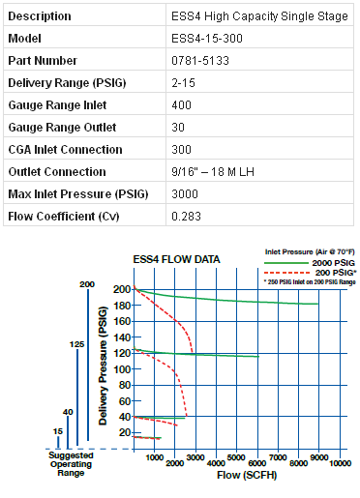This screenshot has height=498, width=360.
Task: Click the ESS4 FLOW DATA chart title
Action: pos(176,259)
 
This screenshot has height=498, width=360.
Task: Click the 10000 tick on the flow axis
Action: pos(339,463)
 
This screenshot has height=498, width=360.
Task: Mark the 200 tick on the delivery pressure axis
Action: pos(121,289)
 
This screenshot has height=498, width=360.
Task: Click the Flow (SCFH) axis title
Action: pos(236,477)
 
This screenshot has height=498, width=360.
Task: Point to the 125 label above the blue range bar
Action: pos(76,342)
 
